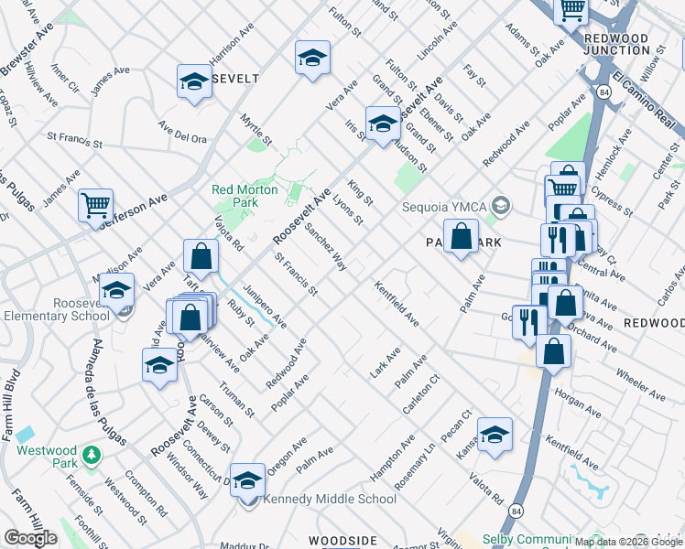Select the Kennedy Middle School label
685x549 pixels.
click(330, 499)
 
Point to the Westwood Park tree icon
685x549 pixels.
click(91, 455)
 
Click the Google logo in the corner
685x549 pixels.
click(30, 538)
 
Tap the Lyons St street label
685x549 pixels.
click(348, 208)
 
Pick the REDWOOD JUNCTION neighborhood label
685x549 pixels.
click(615, 44)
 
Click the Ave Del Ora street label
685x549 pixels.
click(182, 132)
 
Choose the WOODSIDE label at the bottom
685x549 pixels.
click(342, 541)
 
